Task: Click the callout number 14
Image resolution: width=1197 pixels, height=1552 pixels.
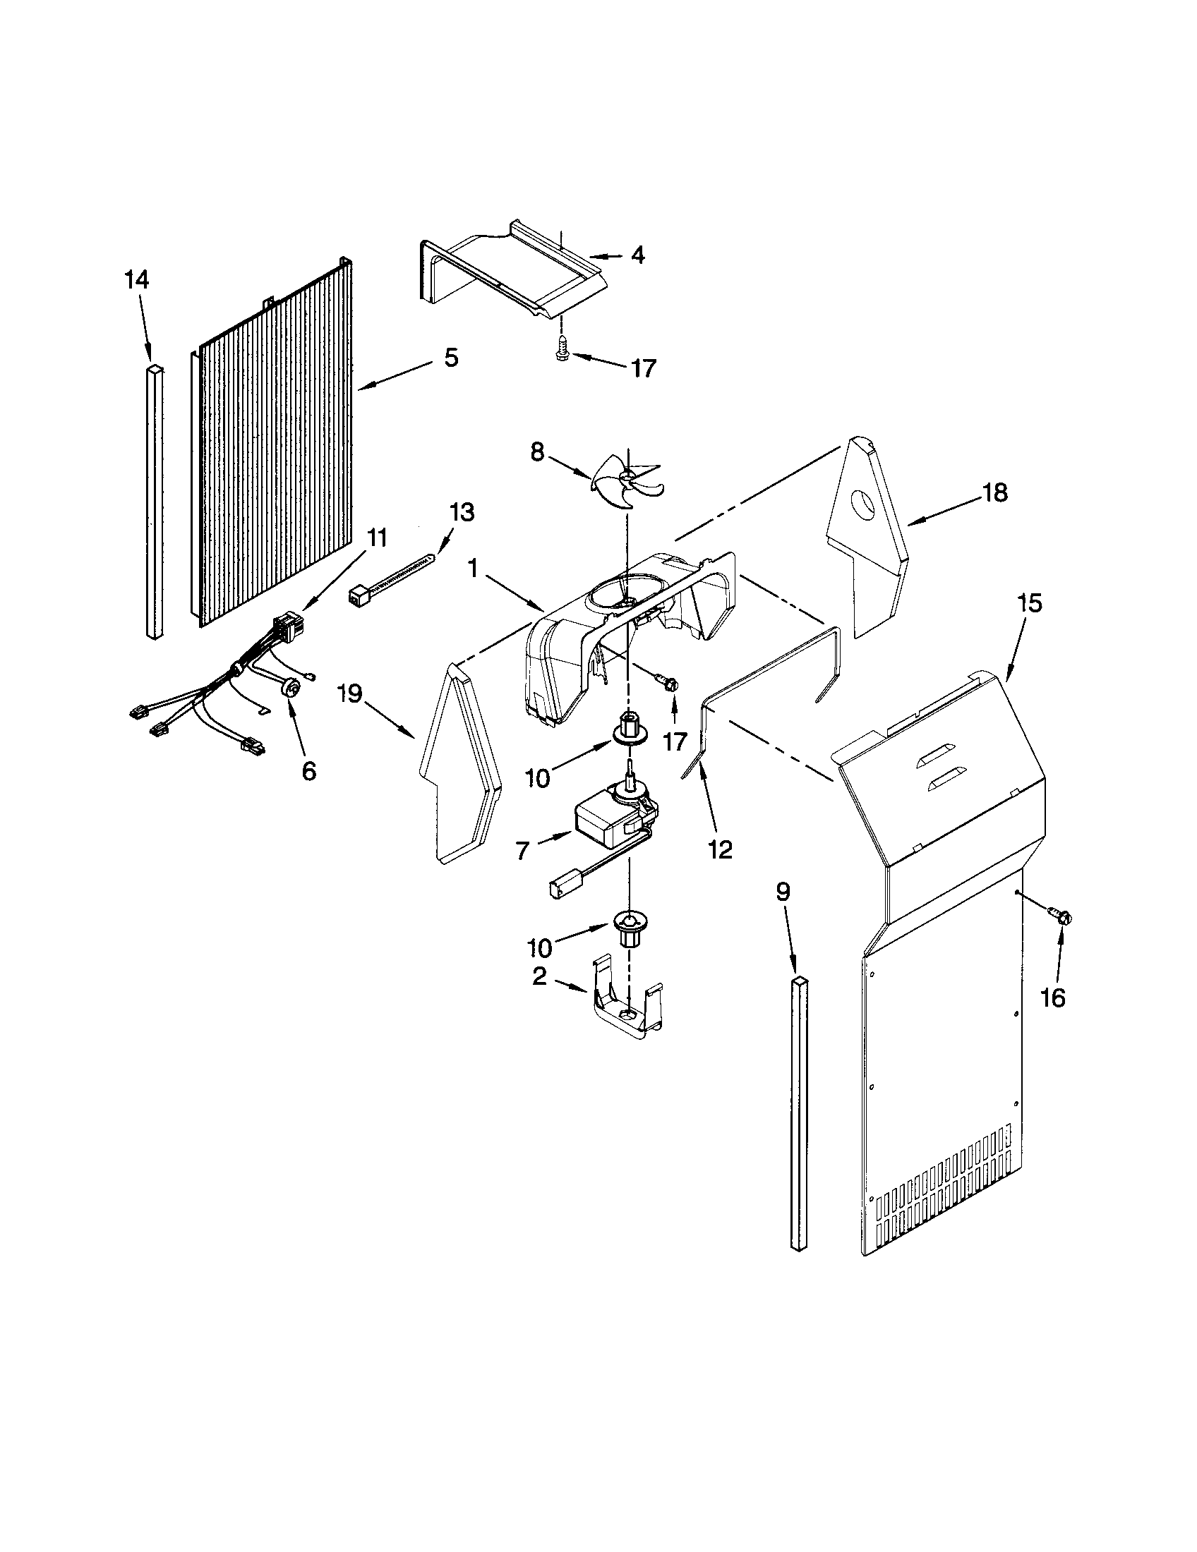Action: click(136, 279)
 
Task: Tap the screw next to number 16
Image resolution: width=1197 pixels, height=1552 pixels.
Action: click(1064, 916)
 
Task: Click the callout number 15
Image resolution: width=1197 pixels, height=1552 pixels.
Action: click(1029, 603)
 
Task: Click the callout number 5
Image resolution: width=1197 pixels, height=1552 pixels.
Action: click(451, 358)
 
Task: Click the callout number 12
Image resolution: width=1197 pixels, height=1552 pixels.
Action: click(721, 850)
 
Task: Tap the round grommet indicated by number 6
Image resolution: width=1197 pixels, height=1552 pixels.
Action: click(289, 687)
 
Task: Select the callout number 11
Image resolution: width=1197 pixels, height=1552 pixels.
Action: click(377, 538)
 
